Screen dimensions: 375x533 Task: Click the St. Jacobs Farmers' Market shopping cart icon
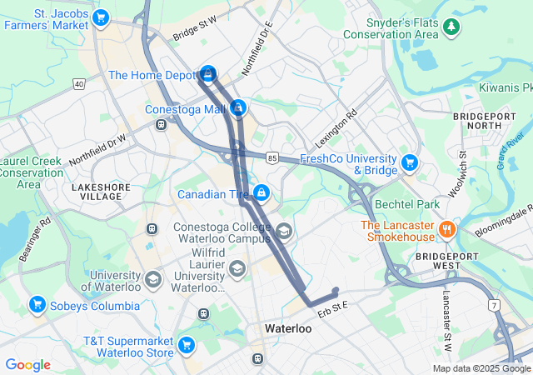102,17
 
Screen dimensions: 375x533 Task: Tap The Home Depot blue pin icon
207,73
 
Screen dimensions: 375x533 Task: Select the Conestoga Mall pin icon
239,107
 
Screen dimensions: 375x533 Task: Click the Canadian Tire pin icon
262,192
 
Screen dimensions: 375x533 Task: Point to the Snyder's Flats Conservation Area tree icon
452,27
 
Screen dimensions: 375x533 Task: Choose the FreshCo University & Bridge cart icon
409,162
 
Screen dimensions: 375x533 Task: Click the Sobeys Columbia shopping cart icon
36,305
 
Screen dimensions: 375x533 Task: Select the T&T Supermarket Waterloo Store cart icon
187,343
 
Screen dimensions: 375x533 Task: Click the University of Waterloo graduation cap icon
152,278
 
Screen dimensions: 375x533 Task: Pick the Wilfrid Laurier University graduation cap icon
238,267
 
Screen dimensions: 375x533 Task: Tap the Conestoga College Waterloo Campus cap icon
284,231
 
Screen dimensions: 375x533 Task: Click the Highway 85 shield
272,156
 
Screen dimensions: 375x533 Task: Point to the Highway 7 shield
496,306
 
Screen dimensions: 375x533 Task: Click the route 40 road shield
79,83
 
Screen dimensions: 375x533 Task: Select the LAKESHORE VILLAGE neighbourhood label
97,192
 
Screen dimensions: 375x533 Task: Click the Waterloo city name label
287,329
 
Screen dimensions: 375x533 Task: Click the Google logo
27,364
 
